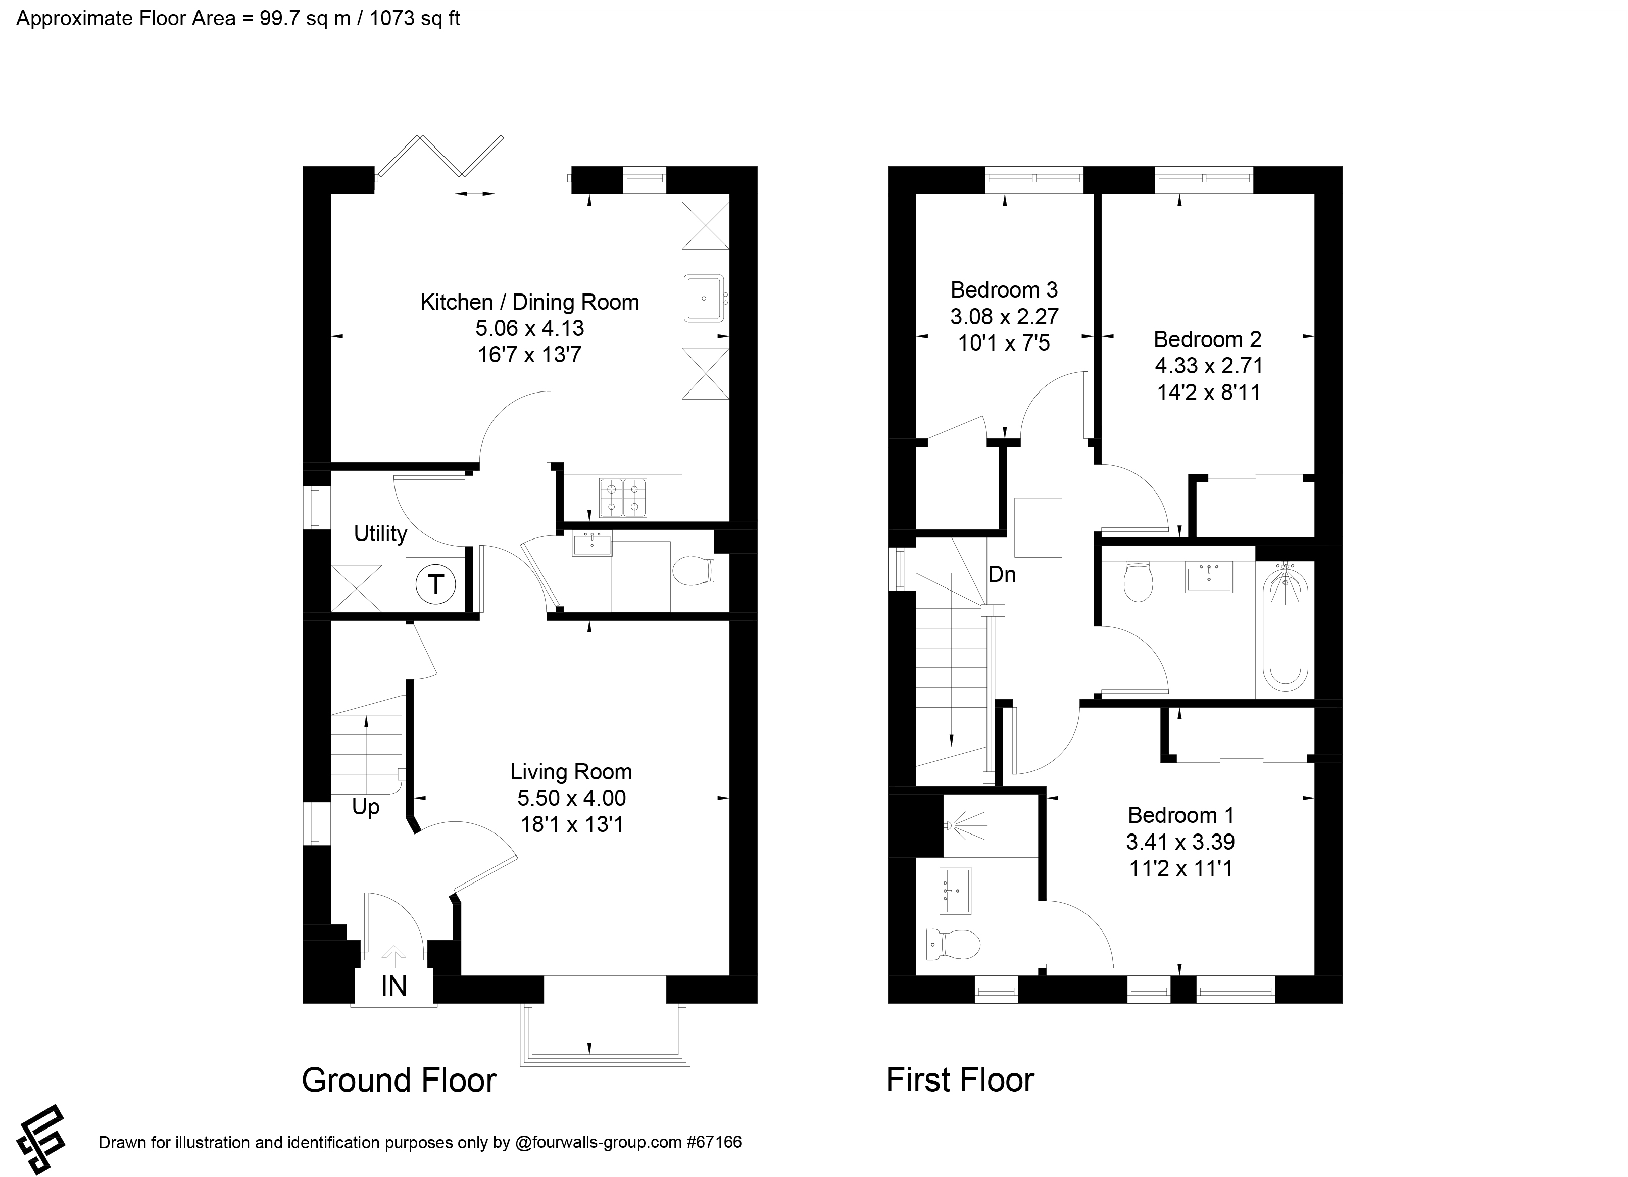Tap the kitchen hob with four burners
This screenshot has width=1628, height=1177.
point(622,498)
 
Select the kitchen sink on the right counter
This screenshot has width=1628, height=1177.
point(704,298)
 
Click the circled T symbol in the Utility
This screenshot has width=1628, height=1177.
point(436,584)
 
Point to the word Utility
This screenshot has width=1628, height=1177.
point(380,533)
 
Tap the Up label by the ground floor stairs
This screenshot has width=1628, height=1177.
point(365,807)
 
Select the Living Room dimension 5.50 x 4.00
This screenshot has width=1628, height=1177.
point(571,798)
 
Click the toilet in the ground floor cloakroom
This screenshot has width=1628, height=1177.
point(692,572)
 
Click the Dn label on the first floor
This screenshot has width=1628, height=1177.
point(1002,574)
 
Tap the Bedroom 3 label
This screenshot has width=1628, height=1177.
point(1004,290)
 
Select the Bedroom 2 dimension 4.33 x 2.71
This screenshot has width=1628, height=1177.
point(1208,366)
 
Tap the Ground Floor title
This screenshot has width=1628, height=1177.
point(399,1080)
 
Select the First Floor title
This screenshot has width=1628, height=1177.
point(960,1080)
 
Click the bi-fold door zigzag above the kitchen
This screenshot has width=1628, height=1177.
point(441,156)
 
